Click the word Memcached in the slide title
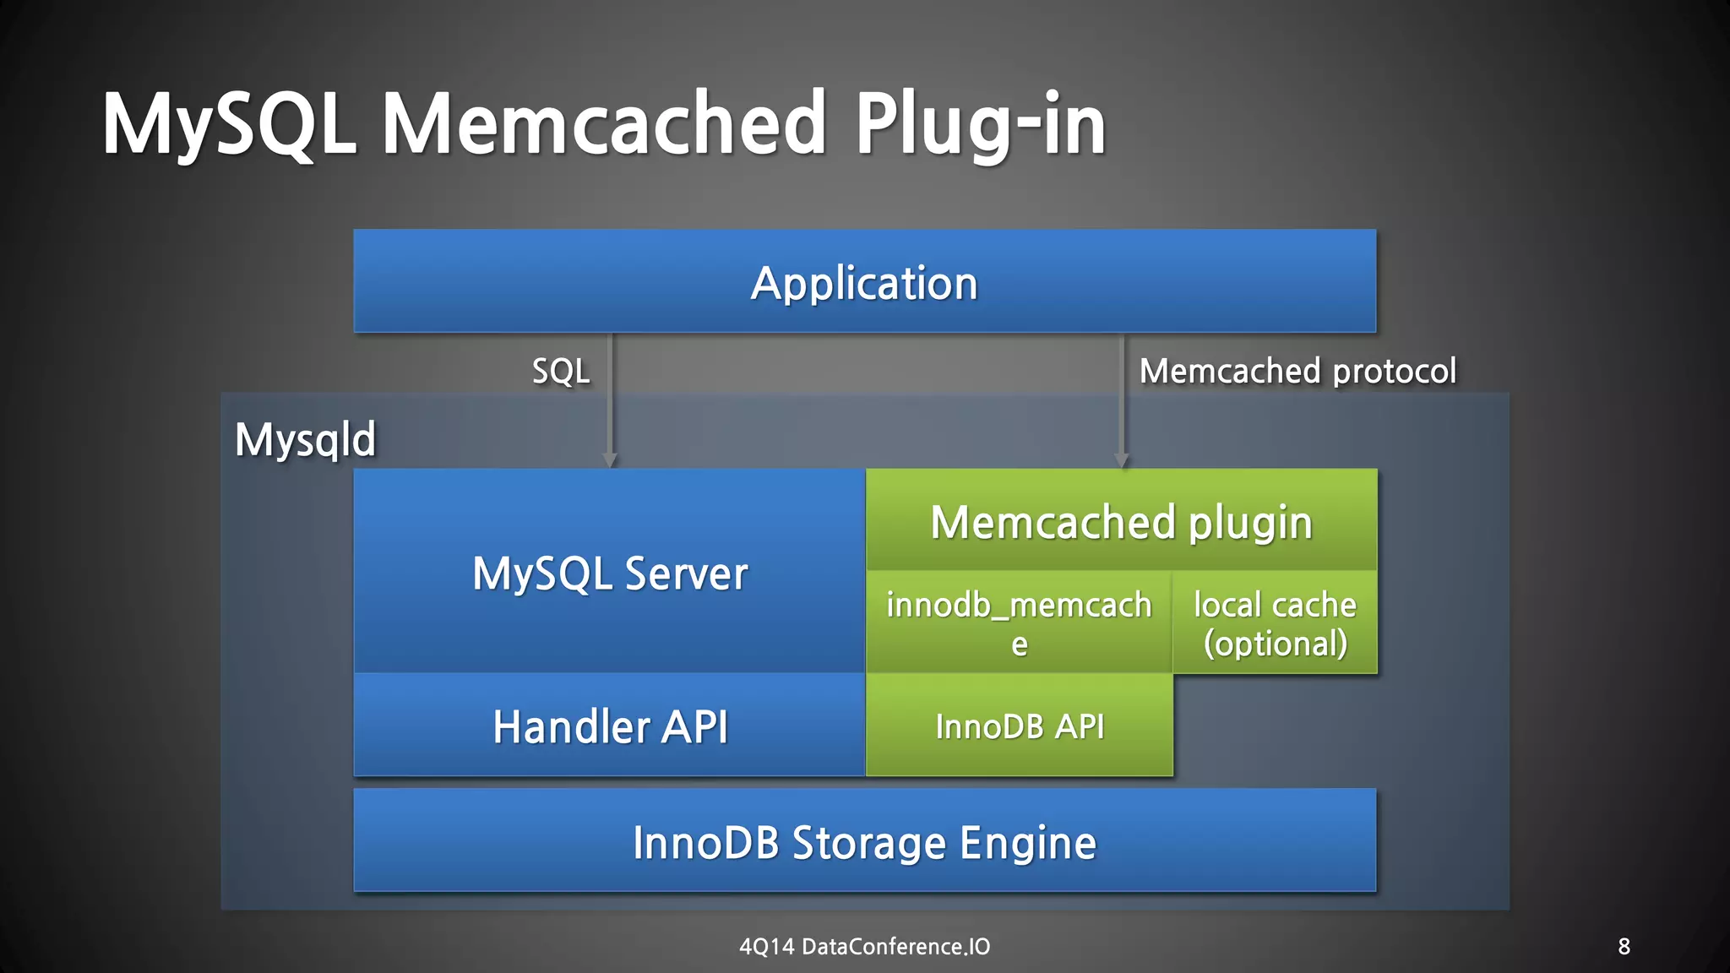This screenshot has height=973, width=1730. [x=603, y=125]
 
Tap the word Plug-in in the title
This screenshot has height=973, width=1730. [x=980, y=125]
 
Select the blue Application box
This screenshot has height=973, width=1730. [x=864, y=281]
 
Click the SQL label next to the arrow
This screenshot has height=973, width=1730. [x=561, y=372]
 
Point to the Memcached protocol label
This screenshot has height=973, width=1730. [x=1297, y=372]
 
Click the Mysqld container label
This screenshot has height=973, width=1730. [x=305, y=440]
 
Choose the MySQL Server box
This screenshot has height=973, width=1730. [x=609, y=573]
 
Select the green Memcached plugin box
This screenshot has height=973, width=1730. [x=1121, y=521]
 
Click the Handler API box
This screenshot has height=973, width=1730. [x=609, y=726]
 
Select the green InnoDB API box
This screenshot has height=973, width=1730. [x=1019, y=726]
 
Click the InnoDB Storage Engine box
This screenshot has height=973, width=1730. [x=864, y=842]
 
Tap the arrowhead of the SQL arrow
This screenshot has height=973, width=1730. [x=610, y=460]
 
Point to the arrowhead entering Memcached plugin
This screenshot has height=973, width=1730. [x=1122, y=460]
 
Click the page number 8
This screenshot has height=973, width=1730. [x=1624, y=947]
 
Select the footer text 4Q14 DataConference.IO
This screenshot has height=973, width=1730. [x=864, y=947]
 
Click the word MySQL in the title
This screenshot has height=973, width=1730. [x=228, y=125]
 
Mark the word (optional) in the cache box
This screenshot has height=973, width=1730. [x=1275, y=644]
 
